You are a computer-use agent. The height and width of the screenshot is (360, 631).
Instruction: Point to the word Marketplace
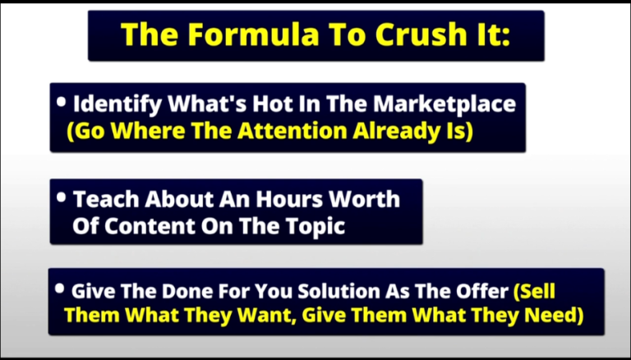[x=444, y=105]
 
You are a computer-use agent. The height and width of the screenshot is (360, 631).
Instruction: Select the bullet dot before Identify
[x=61, y=102]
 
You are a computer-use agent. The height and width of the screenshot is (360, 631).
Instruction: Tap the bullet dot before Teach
[x=61, y=197]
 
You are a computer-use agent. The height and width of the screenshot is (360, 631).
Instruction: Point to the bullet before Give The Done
[x=59, y=288]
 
